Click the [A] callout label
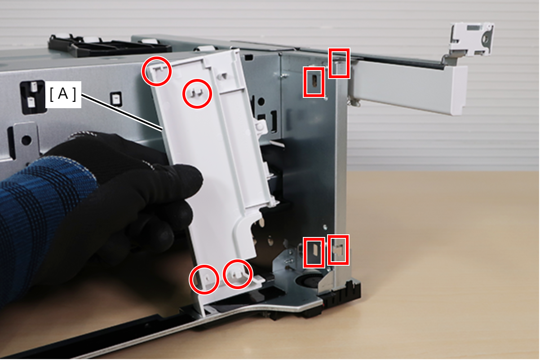click(63, 94)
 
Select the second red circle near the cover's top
click(197, 94)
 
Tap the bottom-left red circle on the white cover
click(204, 279)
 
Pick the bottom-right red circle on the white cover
click(238, 274)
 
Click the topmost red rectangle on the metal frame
click(339, 63)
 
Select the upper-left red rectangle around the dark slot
click(314, 82)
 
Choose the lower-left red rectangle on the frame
click(314, 252)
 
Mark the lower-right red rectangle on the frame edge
click(338, 250)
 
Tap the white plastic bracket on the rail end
click(471, 40)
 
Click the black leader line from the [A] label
click(122, 113)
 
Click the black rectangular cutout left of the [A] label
click(33, 97)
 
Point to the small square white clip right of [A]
click(116, 99)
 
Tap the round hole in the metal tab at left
click(26, 140)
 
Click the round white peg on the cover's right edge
click(260, 127)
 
